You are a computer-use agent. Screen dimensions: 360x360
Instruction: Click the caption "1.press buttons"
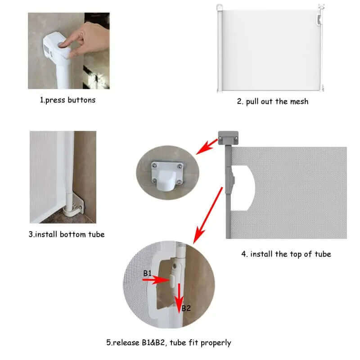click(68, 100)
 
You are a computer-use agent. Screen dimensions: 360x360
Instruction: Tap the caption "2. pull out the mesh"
click(273, 101)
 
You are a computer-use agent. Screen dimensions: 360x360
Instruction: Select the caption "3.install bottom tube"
click(67, 234)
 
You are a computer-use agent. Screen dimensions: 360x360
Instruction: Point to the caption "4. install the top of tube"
click(286, 254)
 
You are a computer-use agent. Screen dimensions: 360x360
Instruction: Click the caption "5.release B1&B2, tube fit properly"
click(168, 343)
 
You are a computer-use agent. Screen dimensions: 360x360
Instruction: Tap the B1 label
click(148, 273)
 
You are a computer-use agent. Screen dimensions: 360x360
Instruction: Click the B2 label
click(186, 308)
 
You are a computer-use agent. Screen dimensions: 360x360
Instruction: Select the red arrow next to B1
click(156, 280)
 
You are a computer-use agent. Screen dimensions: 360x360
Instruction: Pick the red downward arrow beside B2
click(179, 298)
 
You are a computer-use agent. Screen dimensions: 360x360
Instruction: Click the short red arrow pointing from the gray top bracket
click(207, 147)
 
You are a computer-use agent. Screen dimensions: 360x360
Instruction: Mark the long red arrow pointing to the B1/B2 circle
click(208, 215)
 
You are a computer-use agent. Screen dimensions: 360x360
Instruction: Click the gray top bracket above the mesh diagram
click(228, 138)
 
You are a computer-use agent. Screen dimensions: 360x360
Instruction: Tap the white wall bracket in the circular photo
click(167, 175)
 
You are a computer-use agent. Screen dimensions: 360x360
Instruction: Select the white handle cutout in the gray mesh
click(243, 188)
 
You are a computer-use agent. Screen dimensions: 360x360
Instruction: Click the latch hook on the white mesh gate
click(319, 20)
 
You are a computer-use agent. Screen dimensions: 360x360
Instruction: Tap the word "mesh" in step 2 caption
click(299, 101)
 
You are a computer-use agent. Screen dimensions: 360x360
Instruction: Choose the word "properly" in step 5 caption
click(216, 343)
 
